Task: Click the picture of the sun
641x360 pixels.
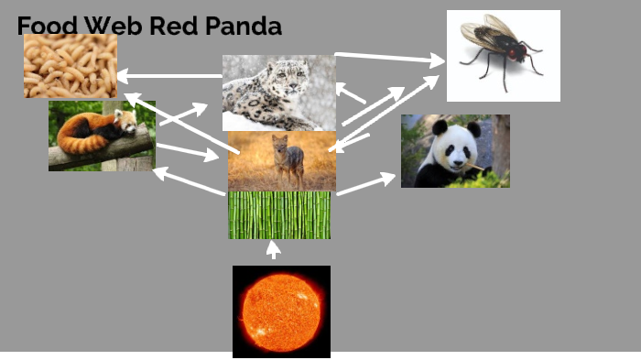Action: [x=281, y=311]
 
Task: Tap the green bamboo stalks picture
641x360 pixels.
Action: [x=279, y=215]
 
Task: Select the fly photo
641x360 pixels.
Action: [x=503, y=55]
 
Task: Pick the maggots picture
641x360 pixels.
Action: [x=70, y=66]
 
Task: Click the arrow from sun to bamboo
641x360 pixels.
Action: [x=272, y=249]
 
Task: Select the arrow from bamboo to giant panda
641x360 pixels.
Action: [x=366, y=182]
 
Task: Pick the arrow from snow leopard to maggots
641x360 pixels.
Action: [x=169, y=75]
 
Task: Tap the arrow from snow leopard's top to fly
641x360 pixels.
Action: [x=389, y=59]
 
